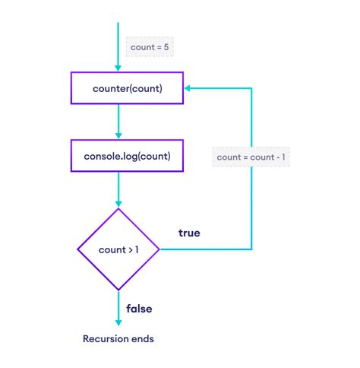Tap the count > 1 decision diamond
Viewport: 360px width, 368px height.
[118, 249]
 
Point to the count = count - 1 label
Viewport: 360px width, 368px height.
[251, 157]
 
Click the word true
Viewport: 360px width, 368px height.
[189, 233]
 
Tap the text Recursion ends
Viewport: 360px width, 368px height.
[118, 338]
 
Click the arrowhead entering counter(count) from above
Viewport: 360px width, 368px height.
[118, 67]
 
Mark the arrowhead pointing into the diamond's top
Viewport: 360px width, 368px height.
[118, 204]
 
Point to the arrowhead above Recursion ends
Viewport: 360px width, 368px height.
[118, 320]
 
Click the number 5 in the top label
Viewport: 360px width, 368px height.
[168, 47]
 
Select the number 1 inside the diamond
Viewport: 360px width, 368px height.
[136, 249]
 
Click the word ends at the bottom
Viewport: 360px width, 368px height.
[143, 338]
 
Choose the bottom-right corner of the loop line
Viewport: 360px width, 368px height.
[251, 249]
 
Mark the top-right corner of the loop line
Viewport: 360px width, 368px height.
[251, 88]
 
